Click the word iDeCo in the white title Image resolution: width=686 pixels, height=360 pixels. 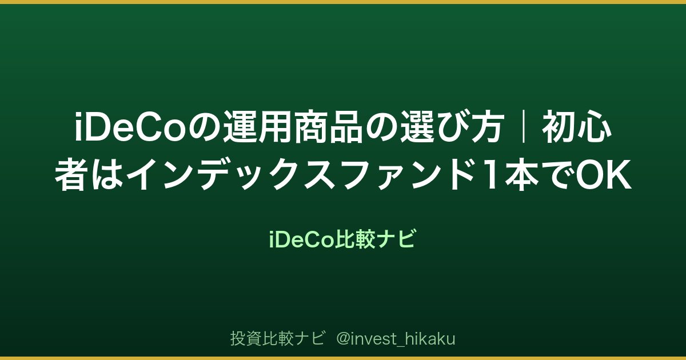click(x=130, y=127)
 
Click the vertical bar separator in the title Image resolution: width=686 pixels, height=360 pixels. click(x=524, y=127)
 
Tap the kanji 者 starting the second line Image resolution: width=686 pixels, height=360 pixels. click(x=70, y=174)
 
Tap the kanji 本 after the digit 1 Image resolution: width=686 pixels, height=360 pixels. click(x=522, y=174)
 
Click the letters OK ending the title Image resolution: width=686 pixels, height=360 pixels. click(x=603, y=174)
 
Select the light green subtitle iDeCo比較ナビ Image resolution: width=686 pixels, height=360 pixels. click(x=342, y=239)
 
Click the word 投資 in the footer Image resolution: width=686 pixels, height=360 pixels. click(x=246, y=338)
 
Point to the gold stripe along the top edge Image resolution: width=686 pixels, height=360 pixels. click(x=343, y=2)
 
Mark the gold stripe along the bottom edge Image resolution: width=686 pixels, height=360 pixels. click(x=343, y=358)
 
